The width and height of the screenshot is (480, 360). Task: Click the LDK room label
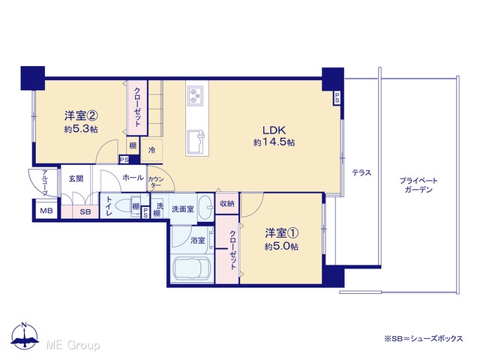tap(274, 130)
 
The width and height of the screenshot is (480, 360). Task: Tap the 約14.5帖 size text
tap(274, 142)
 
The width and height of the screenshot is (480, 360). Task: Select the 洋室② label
tap(81, 115)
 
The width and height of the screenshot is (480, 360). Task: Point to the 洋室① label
tap(281, 233)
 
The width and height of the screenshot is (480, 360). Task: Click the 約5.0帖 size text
tap(281, 247)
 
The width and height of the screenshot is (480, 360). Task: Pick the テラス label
tap(361, 172)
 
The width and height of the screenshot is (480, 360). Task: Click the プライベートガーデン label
tap(418, 185)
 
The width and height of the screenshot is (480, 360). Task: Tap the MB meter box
tap(46, 211)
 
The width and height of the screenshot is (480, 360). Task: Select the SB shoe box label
tap(85, 211)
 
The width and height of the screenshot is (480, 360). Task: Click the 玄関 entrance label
tap(76, 178)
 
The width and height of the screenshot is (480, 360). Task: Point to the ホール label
tap(133, 178)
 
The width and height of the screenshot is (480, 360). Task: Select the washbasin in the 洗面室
tap(205, 206)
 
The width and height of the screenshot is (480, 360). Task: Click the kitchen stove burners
tap(195, 95)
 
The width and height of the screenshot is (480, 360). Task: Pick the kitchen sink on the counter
tap(196, 142)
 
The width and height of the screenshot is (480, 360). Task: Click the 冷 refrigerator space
tap(151, 150)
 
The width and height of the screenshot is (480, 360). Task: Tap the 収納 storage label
tap(226, 203)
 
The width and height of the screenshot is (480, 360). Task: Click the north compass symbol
tap(25, 336)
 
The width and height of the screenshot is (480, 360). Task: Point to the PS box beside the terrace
tap(337, 98)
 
